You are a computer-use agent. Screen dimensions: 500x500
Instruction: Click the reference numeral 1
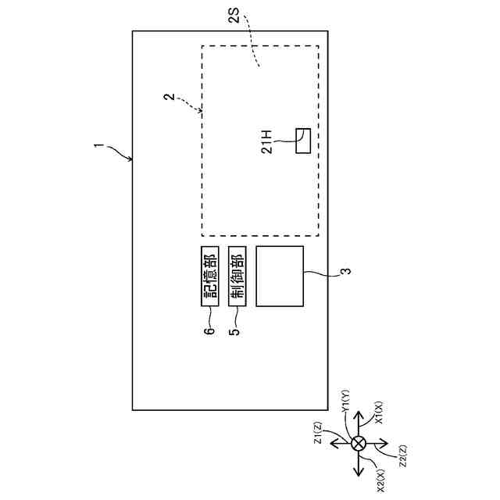coord(98,145)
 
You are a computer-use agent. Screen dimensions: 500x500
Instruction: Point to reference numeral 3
coord(345,273)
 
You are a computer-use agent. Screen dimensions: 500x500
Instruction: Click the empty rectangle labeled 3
coord(279,277)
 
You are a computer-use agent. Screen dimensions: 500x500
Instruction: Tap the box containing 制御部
coord(238,277)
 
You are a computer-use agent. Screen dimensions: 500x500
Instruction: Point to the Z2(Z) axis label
coord(401,455)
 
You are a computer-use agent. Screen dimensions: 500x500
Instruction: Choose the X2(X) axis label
coord(380,477)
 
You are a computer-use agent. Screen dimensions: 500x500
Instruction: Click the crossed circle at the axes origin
coord(359,444)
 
